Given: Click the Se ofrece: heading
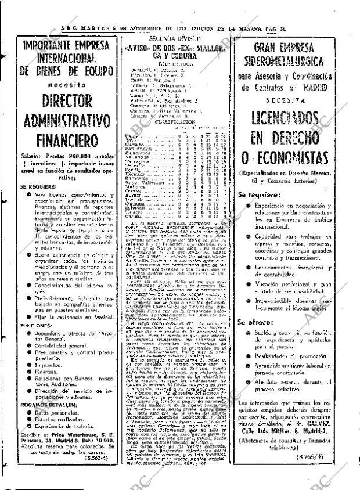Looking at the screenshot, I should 255,322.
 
